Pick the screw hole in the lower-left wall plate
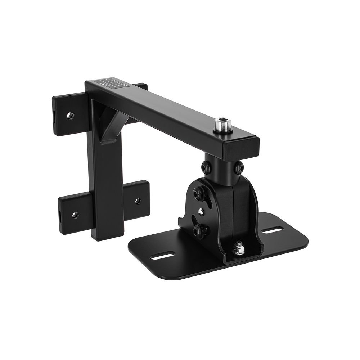coord(75,215)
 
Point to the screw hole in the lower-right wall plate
coord(138,201)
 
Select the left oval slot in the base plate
coord(162,256)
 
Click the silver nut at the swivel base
coord(238,248)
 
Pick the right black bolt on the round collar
coord(239,168)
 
